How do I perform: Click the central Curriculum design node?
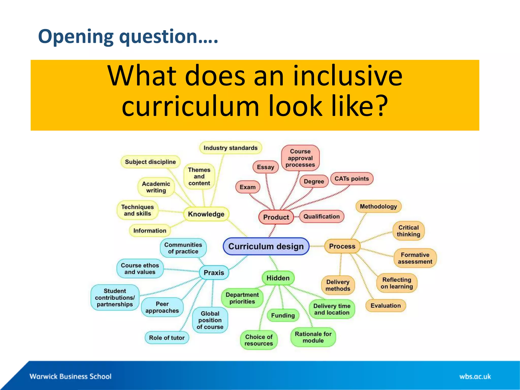(266, 246)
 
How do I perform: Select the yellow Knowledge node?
(206, 214)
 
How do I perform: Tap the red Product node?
(276, 217)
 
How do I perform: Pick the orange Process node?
(342, 246)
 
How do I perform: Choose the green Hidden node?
(278, 278)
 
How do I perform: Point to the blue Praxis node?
(214, 272)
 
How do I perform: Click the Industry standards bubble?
(230, 148)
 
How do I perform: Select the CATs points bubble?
(351, 178)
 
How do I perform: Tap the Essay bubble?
(265, 167)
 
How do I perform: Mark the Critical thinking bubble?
(408, 231)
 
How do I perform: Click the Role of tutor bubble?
(167, 338)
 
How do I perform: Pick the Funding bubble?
(283, 315)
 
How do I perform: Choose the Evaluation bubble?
(385, 305)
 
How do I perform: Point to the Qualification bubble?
(321, 217)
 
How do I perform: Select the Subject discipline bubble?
(150, 162)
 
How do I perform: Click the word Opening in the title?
(76, 37)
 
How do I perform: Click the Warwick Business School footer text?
(70, 376)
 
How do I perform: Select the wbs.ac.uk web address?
(475, 377)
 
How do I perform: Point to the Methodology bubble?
(378, 206)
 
